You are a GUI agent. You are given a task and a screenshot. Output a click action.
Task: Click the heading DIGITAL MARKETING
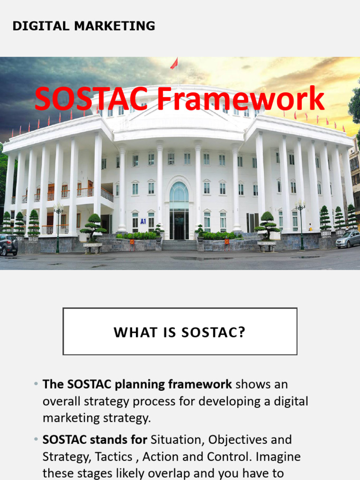click(83, 26)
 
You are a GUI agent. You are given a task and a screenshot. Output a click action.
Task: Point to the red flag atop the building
click(174, 64)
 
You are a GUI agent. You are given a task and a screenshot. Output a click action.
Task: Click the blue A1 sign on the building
click(143, 221)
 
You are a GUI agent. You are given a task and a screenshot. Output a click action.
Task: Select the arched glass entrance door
click(179, 211)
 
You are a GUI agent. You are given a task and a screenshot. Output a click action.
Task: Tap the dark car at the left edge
click(8, 244)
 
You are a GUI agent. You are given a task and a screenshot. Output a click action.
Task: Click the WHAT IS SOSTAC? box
click(180, 331)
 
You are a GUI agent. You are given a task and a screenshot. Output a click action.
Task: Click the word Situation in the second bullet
click(176, 440)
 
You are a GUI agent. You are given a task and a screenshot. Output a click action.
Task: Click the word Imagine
click(277, 457)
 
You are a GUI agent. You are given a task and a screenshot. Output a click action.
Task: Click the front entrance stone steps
click(180, 245)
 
